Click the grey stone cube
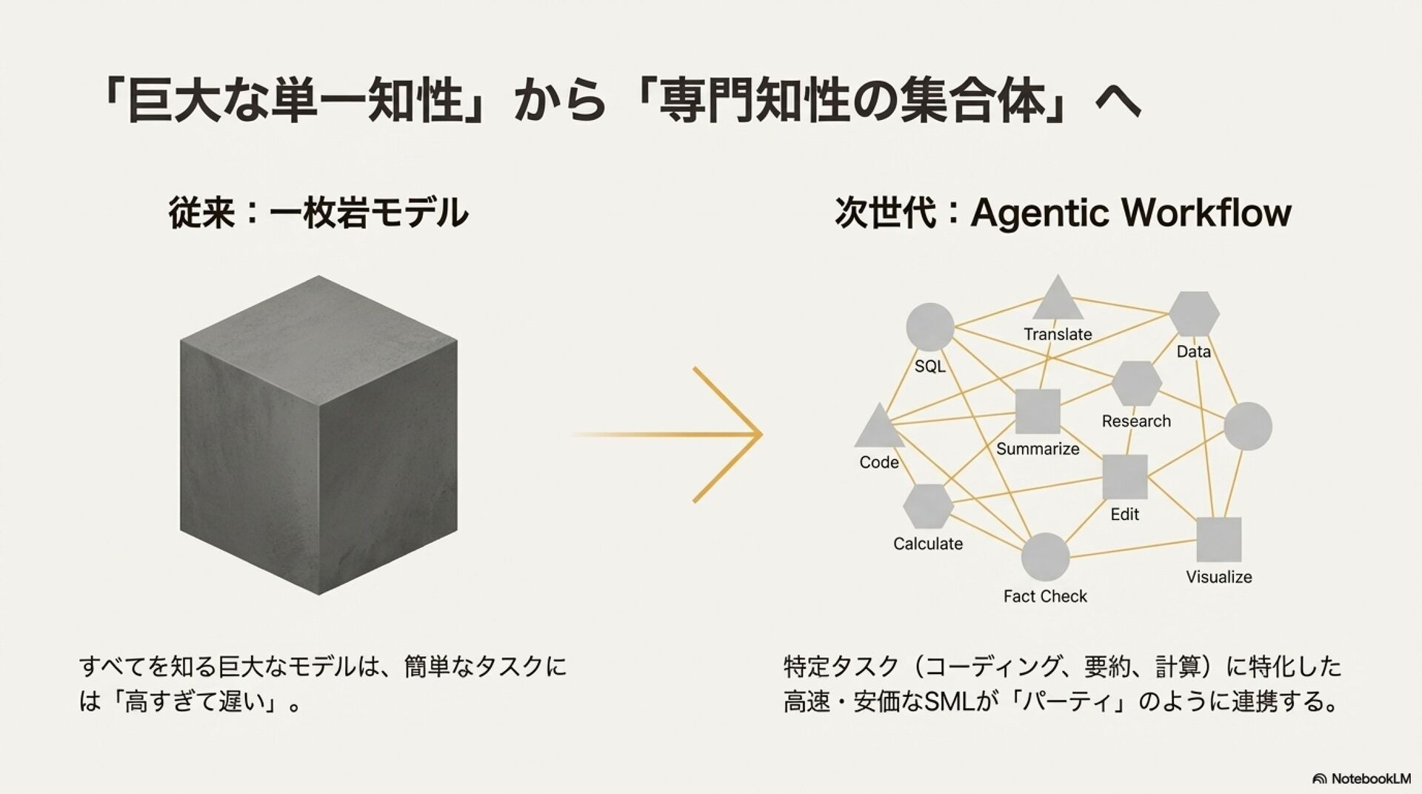point(318,436)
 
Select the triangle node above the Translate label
point(1057,300)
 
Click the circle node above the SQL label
point(929,327)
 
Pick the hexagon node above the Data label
point(1194,314)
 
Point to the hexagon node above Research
point(1136,384)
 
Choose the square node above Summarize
point(1037,411)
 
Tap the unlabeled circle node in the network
point(1247,427)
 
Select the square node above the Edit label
point(1124,477)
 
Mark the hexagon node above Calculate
point(928,507)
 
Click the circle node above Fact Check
point(1045,557)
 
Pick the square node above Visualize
point(1218,539)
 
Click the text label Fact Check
point(1045,596)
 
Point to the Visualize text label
point(1218,577)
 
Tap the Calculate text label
point(928,544)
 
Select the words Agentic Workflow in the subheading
point(1130,213)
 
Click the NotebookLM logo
point(1361,778)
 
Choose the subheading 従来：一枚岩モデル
point(318,213)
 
